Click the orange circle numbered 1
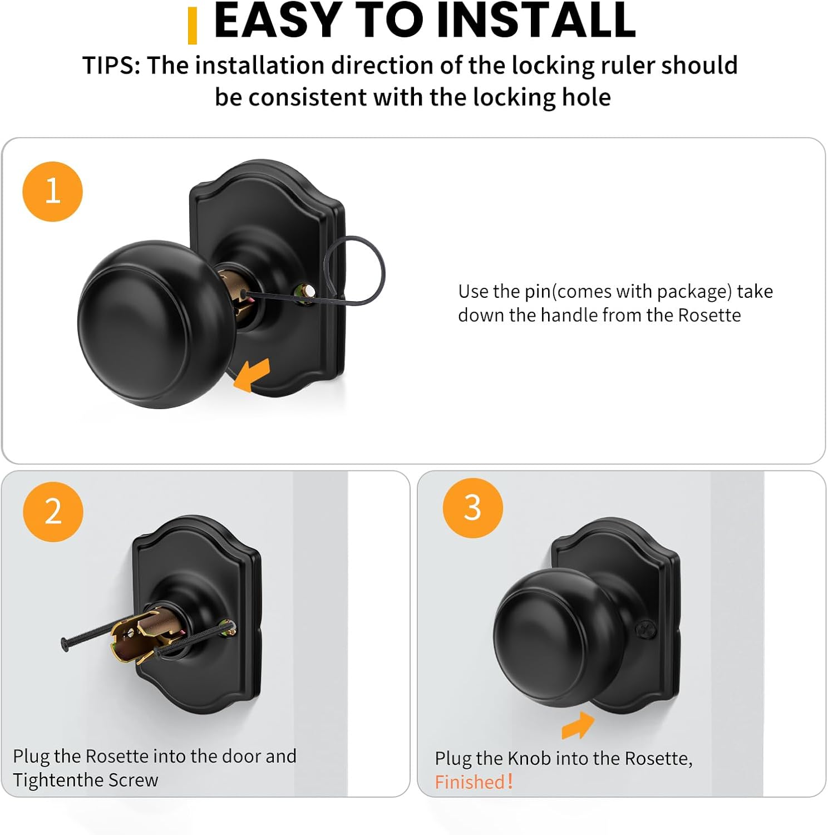pyautogui.click(x=52, y=191)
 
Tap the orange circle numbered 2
pyautogui.click(x=53, y=512)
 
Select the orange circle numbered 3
pyautogui.click(x=472, y=508)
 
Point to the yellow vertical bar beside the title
pyautogui.click(x=193, y=26)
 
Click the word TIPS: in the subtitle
pyautogui.click(x=111, y=66)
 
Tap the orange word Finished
pyautogui.click(x=470, y=782)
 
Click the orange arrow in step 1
pyautogui.click(x=252, y=375)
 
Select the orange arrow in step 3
pyautogui.click(x=578, y=725)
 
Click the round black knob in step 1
pyautogui.click(x=150, y=324)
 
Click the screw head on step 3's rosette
pyautogui.click(x=645, y=630)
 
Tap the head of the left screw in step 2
pyautogui.click(x=65, y=644)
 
